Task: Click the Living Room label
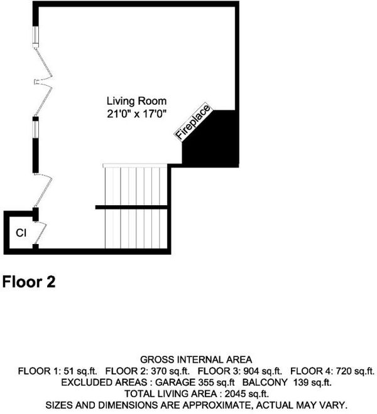pyautogui.click(x=136, y=101)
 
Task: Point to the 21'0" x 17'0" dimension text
pyautogui.click(x=136, y=114)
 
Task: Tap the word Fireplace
pyautogui.click(x=193, y=122)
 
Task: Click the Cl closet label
pyautogui.click(x=21, y=233)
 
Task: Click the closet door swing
pyautogui.click(x=41, y=232)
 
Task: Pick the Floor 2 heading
pyautogui.click(x=29, y=282)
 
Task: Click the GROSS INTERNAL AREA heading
pyautogui.click(x=196, y=359)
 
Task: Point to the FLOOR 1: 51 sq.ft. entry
pyautogui.click(x=57, y=371)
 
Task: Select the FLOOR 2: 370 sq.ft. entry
pyautogui.click(x=148, y=371)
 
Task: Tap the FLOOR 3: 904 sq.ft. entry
pyautogui.click(x=240, y=371)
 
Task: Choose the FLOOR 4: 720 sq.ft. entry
pyautogui.click(x=332, y=371)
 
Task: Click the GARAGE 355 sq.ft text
pyautogui.click(x=195, y=382)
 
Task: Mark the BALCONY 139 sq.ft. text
pyautogui.click(x=287, y=382)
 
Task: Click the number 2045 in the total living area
pyautogui.click(x=234, y=394)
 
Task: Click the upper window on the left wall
pyautogui.click(x=35, y=34)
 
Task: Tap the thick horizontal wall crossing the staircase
pyautogui.click(x=131, y=207)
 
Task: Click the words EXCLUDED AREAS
pyautogui.click(x=104, y=382)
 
